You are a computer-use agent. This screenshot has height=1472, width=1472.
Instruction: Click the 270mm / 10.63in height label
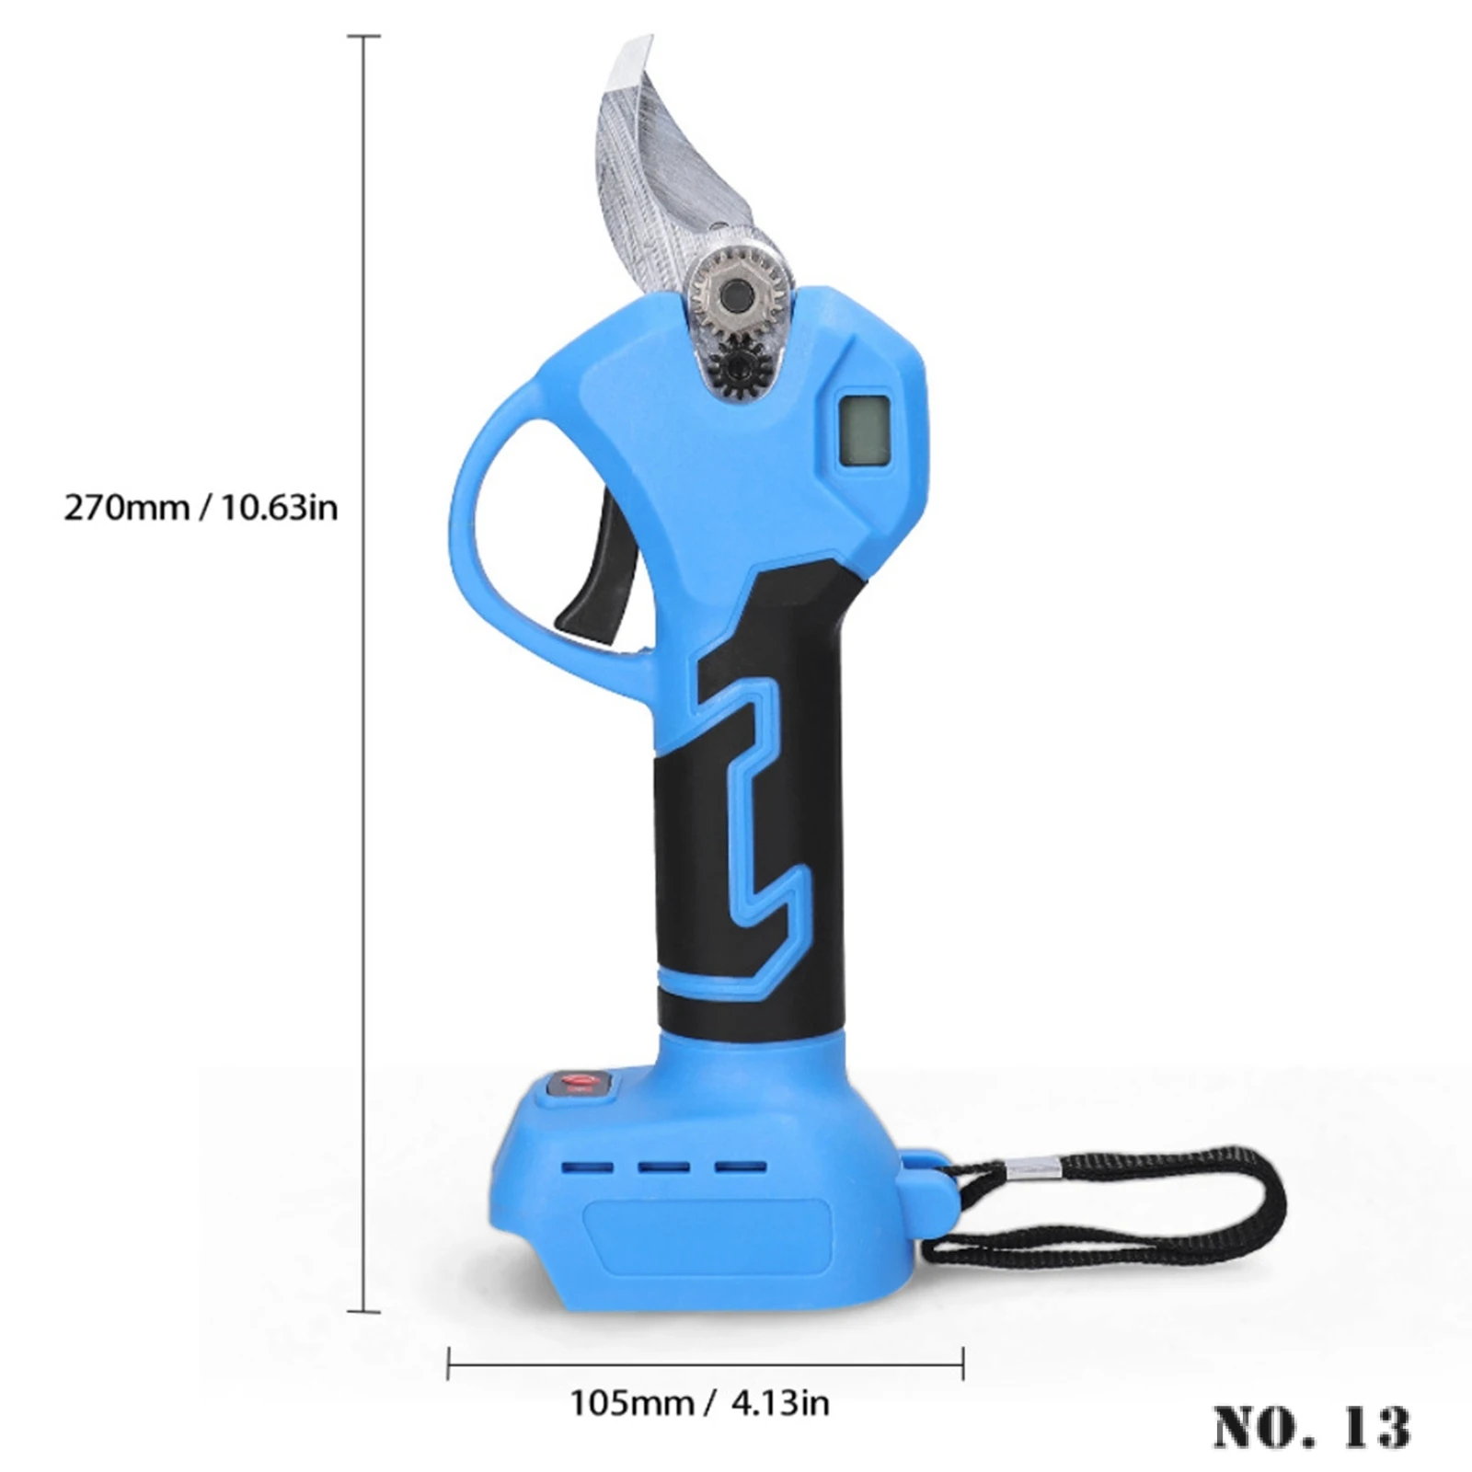[x=201, y=507]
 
